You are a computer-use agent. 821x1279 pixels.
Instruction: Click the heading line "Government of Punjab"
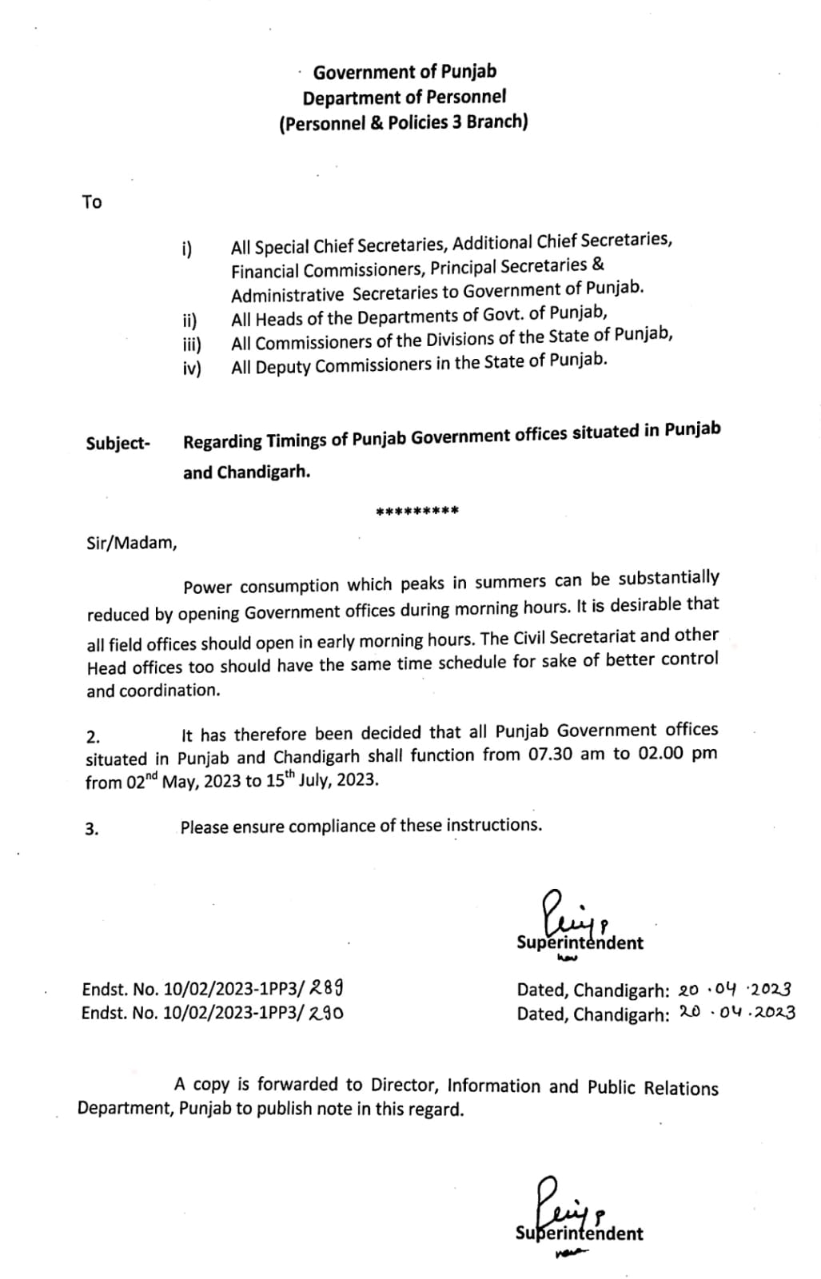coord(404,72)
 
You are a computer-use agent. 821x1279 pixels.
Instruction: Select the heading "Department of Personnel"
coord(404,98)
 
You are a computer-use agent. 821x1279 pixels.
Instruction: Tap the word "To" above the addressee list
coord(92,202)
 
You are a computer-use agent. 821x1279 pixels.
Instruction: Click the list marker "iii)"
coord(192,345)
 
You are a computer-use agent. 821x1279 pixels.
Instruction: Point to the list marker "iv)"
coord(192,369)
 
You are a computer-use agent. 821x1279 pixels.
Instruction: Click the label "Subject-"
coord(118,444)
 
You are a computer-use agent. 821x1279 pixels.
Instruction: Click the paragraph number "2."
coord(93,736)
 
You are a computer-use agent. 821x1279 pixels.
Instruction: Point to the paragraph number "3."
coord(92,829)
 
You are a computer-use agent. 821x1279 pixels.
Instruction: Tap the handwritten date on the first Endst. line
coord(735,989)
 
